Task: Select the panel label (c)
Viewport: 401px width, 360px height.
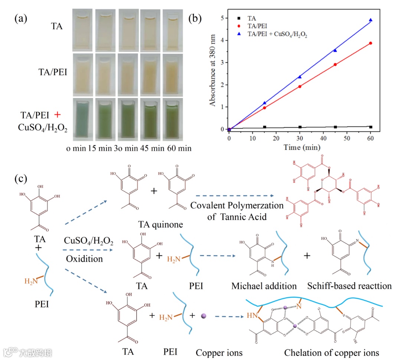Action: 21,179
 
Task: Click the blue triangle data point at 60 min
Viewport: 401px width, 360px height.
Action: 371,20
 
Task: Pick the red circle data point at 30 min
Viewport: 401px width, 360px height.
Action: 300,86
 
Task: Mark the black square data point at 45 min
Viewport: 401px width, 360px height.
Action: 335,127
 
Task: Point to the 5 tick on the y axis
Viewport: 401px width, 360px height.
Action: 222,18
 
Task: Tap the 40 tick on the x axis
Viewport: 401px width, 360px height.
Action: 323,138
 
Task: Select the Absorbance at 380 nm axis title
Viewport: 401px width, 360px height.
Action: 213,74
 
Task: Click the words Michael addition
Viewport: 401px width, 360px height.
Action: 264,286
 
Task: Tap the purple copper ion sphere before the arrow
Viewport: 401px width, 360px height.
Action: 203,316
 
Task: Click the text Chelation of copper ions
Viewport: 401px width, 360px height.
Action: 332,352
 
